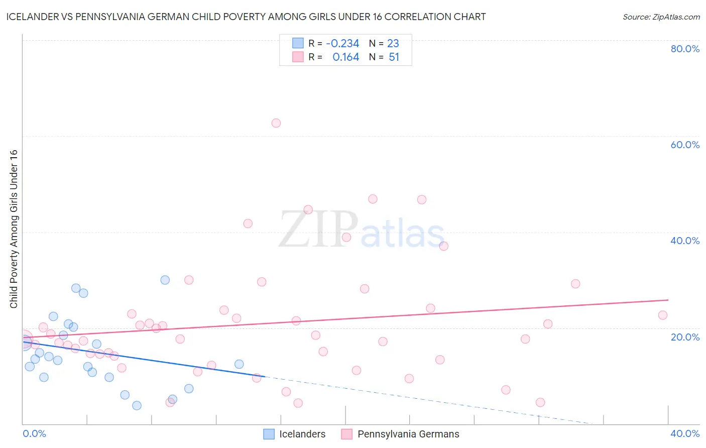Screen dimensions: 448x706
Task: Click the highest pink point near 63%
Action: tap(276, 123)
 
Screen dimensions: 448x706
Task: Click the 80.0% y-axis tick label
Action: tap(685, 49)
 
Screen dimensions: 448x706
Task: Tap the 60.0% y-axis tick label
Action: tap(685, 145)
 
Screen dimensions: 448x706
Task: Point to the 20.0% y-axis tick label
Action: tap(685, 337)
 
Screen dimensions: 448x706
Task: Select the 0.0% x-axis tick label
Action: tap(34, 433)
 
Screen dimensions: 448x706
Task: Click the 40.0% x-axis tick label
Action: tap(685, 433)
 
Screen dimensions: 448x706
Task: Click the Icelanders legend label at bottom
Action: tap(302, 434)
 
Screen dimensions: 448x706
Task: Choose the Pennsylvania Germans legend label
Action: tap(408, 434)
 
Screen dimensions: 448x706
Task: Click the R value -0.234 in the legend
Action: tap(342, 44)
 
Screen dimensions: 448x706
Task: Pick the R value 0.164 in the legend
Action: tap(346, 57)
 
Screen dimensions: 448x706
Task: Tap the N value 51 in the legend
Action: tap(394, 57)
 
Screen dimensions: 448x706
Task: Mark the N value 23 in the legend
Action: tap(393, 44)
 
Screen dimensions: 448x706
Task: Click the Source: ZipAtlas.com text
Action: tap(661, 17)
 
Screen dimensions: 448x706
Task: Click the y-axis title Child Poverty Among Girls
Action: tap(14, 229)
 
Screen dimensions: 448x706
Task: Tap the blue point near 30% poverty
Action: tap(165, 280)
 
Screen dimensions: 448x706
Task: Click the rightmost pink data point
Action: tap(663, 315)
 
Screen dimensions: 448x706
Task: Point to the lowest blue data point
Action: tap(137, 405)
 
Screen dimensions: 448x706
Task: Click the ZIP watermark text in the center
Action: tap(318, 230)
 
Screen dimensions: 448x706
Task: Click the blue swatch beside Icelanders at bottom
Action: tap(269, 434)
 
